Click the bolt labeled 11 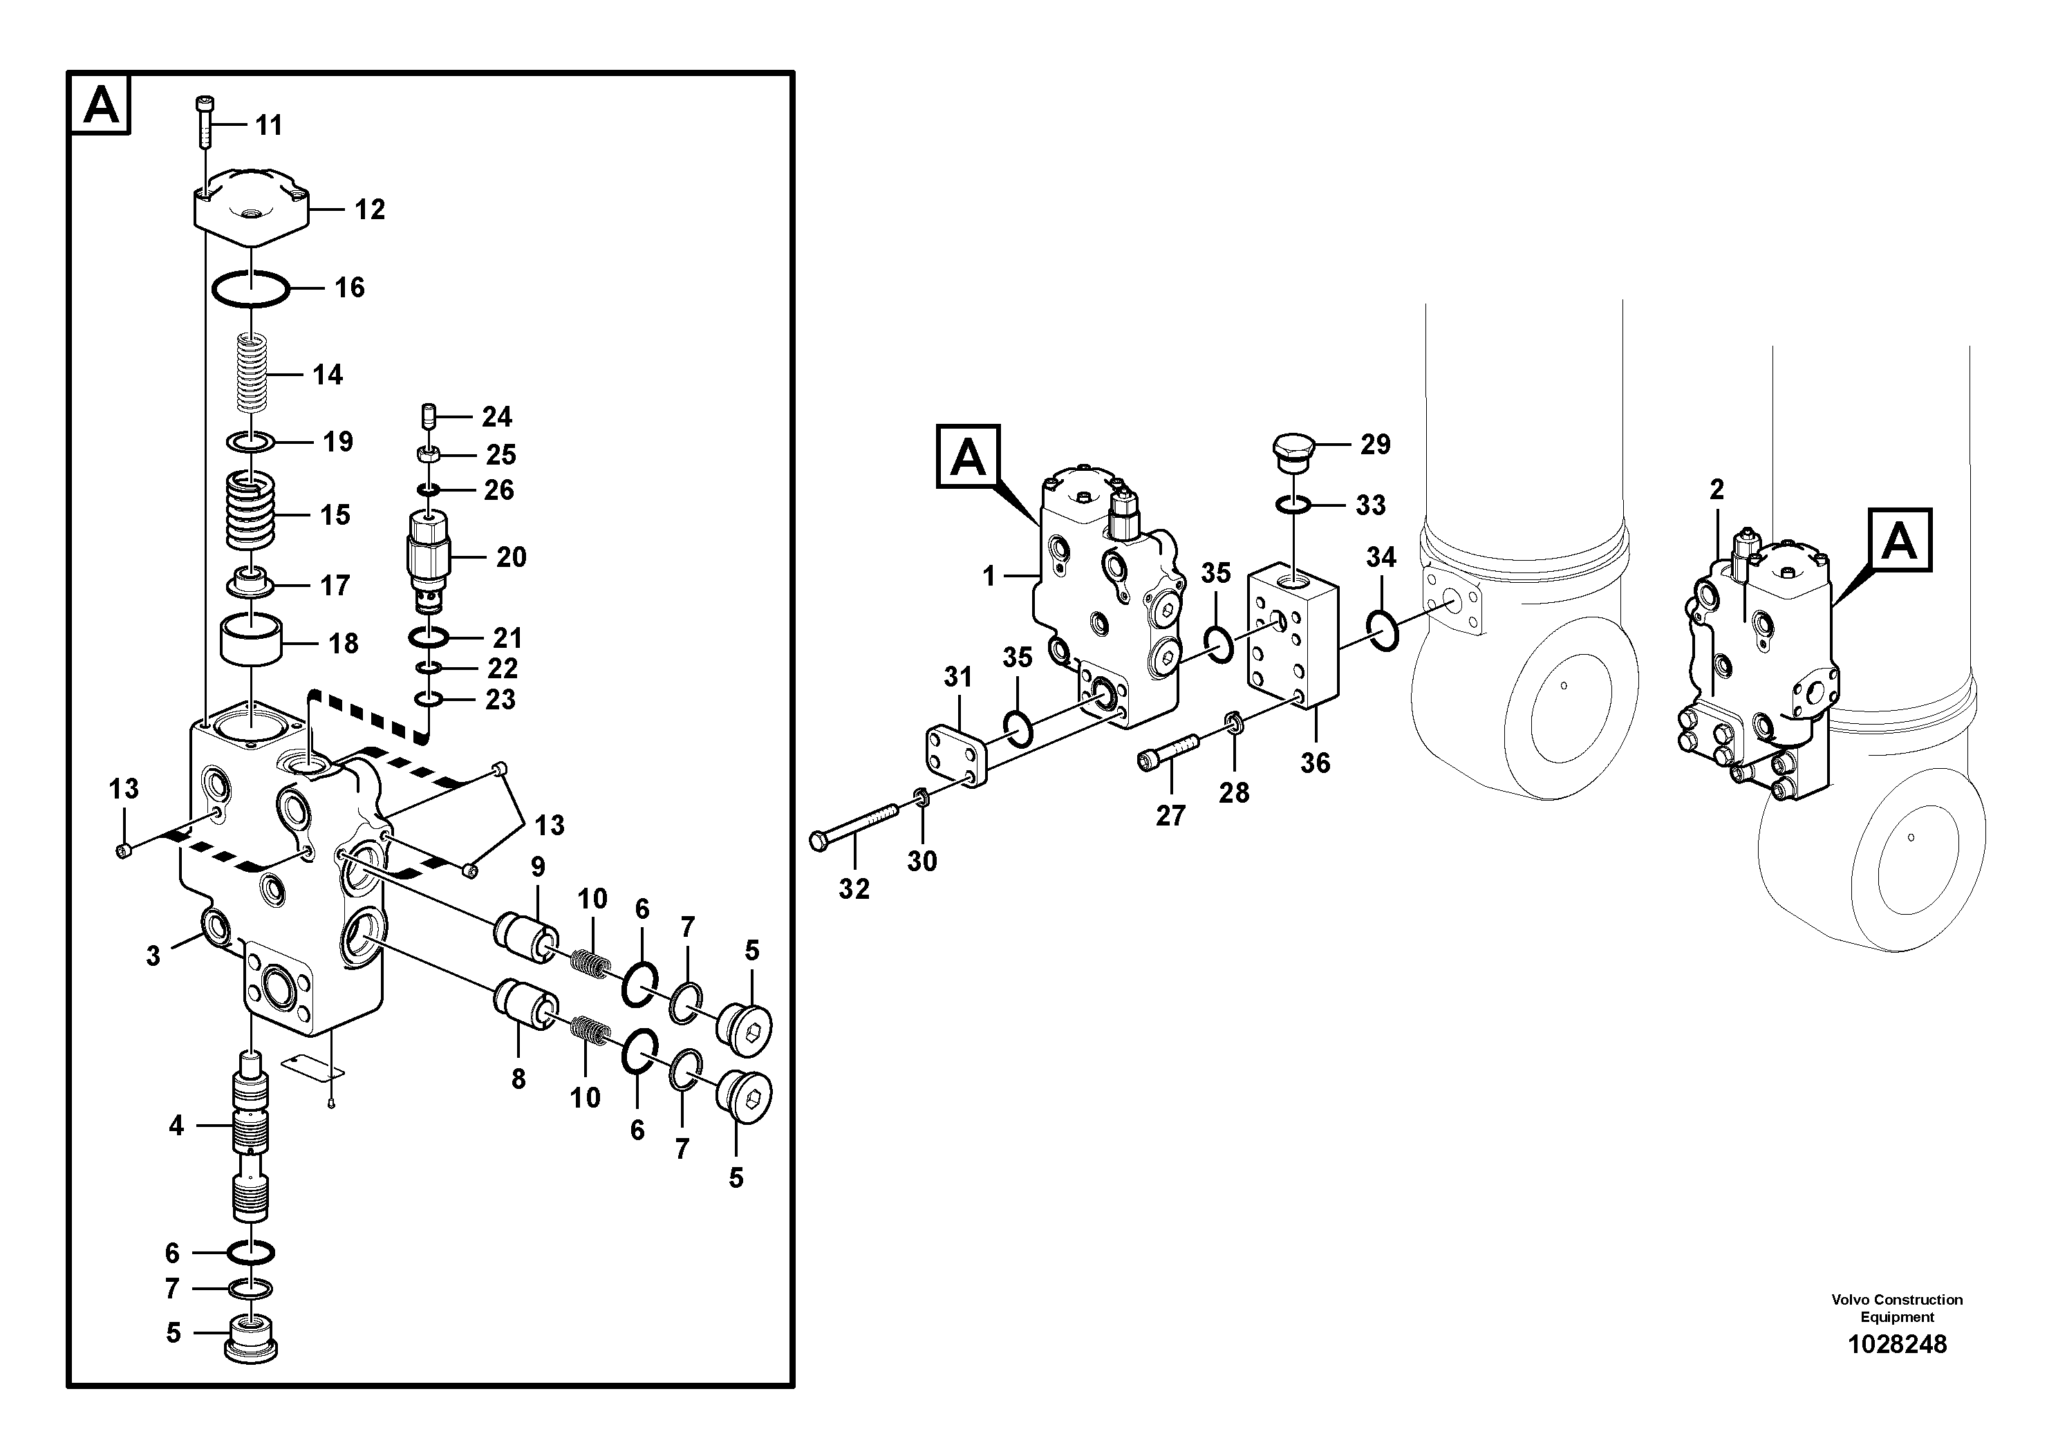click(x=203, y=124)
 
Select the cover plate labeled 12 click(x=251, y=208)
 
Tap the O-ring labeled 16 click(x=251, y=288)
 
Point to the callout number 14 click(x=327, y=374)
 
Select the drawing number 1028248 click(x=1897, y=1344)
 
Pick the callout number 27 click(x=1170, y=815)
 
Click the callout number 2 click(x=1716, y=490)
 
